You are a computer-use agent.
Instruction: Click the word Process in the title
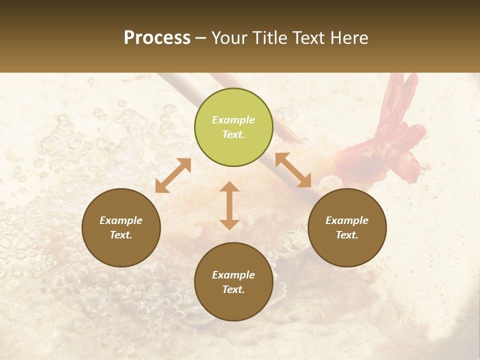click(157, 38)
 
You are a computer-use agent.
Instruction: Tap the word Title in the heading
click(270, 38)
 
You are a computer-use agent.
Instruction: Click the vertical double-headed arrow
click(229, 205)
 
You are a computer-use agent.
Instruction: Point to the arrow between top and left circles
click(173, 175)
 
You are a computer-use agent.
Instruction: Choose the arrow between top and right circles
click(293, 170)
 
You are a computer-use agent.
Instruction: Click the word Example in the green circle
click(233, 120)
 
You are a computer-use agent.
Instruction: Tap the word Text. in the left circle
click(121, 235)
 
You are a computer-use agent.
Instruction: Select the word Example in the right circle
click(347, 220)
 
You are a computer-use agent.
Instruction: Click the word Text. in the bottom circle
click(233, 289)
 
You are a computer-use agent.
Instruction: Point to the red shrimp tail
click(400, 125)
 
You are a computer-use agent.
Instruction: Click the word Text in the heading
click(309, 38)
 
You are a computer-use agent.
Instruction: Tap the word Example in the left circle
click(121, 220)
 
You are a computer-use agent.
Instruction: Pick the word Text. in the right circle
click(347, 235)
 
